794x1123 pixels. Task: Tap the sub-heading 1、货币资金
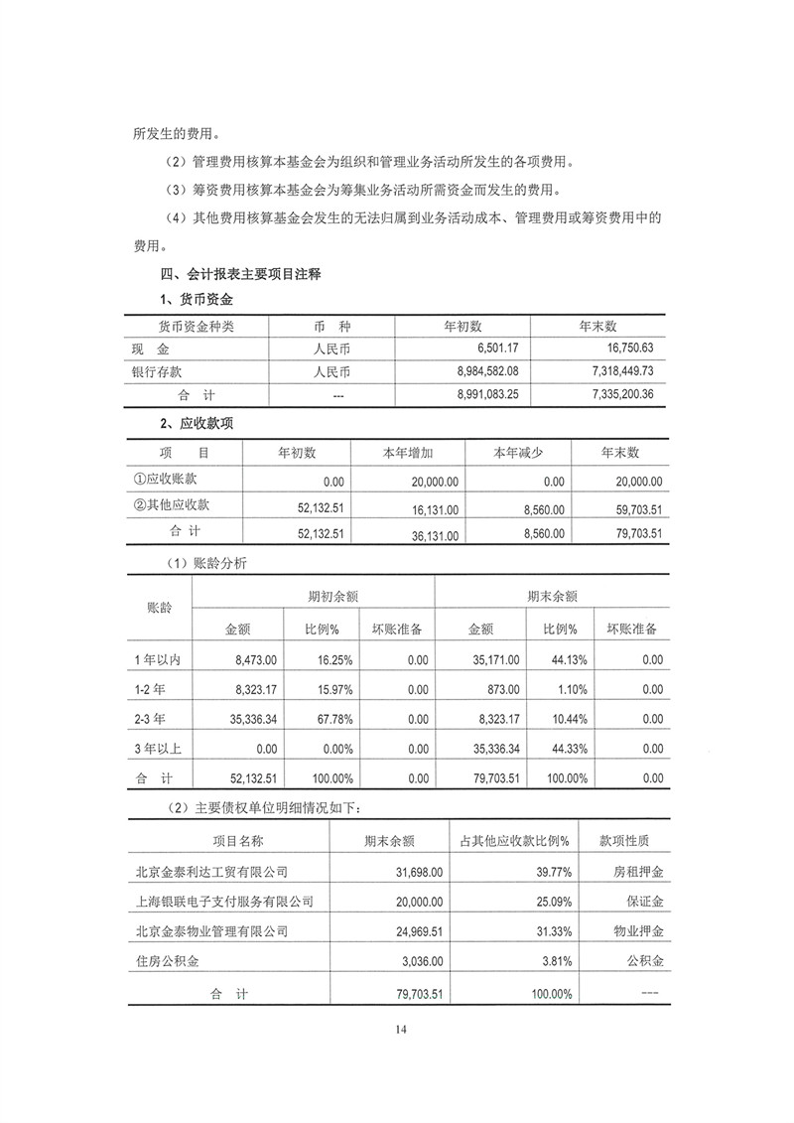pyautogui.click(x=197, y=299)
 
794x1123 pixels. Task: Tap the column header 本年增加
pyautogui.click(x=408, y=453)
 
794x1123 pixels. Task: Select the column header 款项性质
pyautogui.click(x=625, y=841)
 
